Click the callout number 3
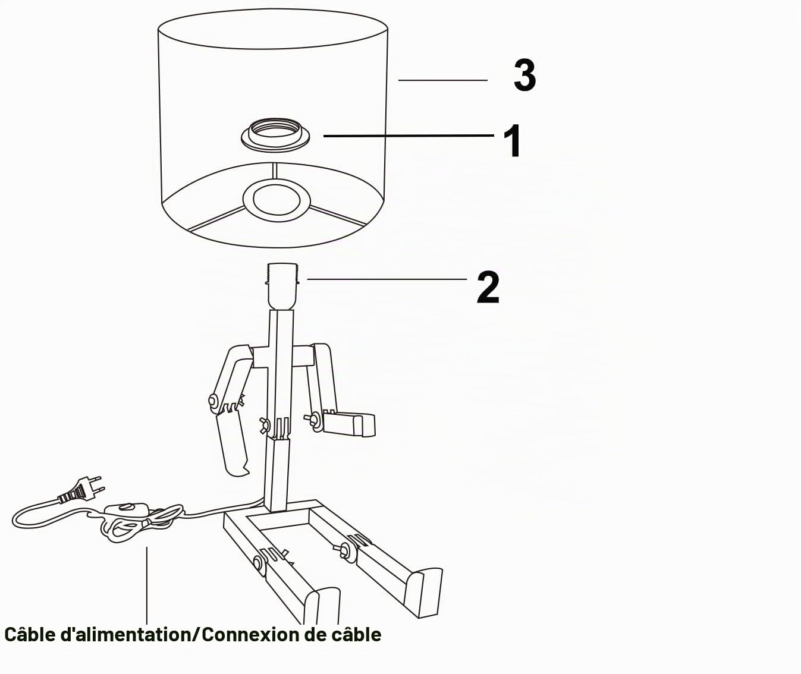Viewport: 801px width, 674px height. tap(525, 75)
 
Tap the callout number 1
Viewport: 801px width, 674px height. tap(513, 141)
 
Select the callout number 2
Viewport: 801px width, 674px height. tap(488, 287)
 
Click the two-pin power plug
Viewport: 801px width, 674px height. tap(80, 491)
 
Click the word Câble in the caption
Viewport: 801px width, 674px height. tap(30, 635)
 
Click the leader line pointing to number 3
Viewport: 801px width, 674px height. tap(442, 80)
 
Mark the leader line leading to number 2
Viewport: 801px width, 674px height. tap(387, 279)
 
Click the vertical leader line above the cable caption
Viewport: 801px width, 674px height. tap(146, 585)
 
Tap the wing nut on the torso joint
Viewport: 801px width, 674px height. tap(265, 425)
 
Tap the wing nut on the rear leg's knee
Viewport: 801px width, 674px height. tap(345, 552)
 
